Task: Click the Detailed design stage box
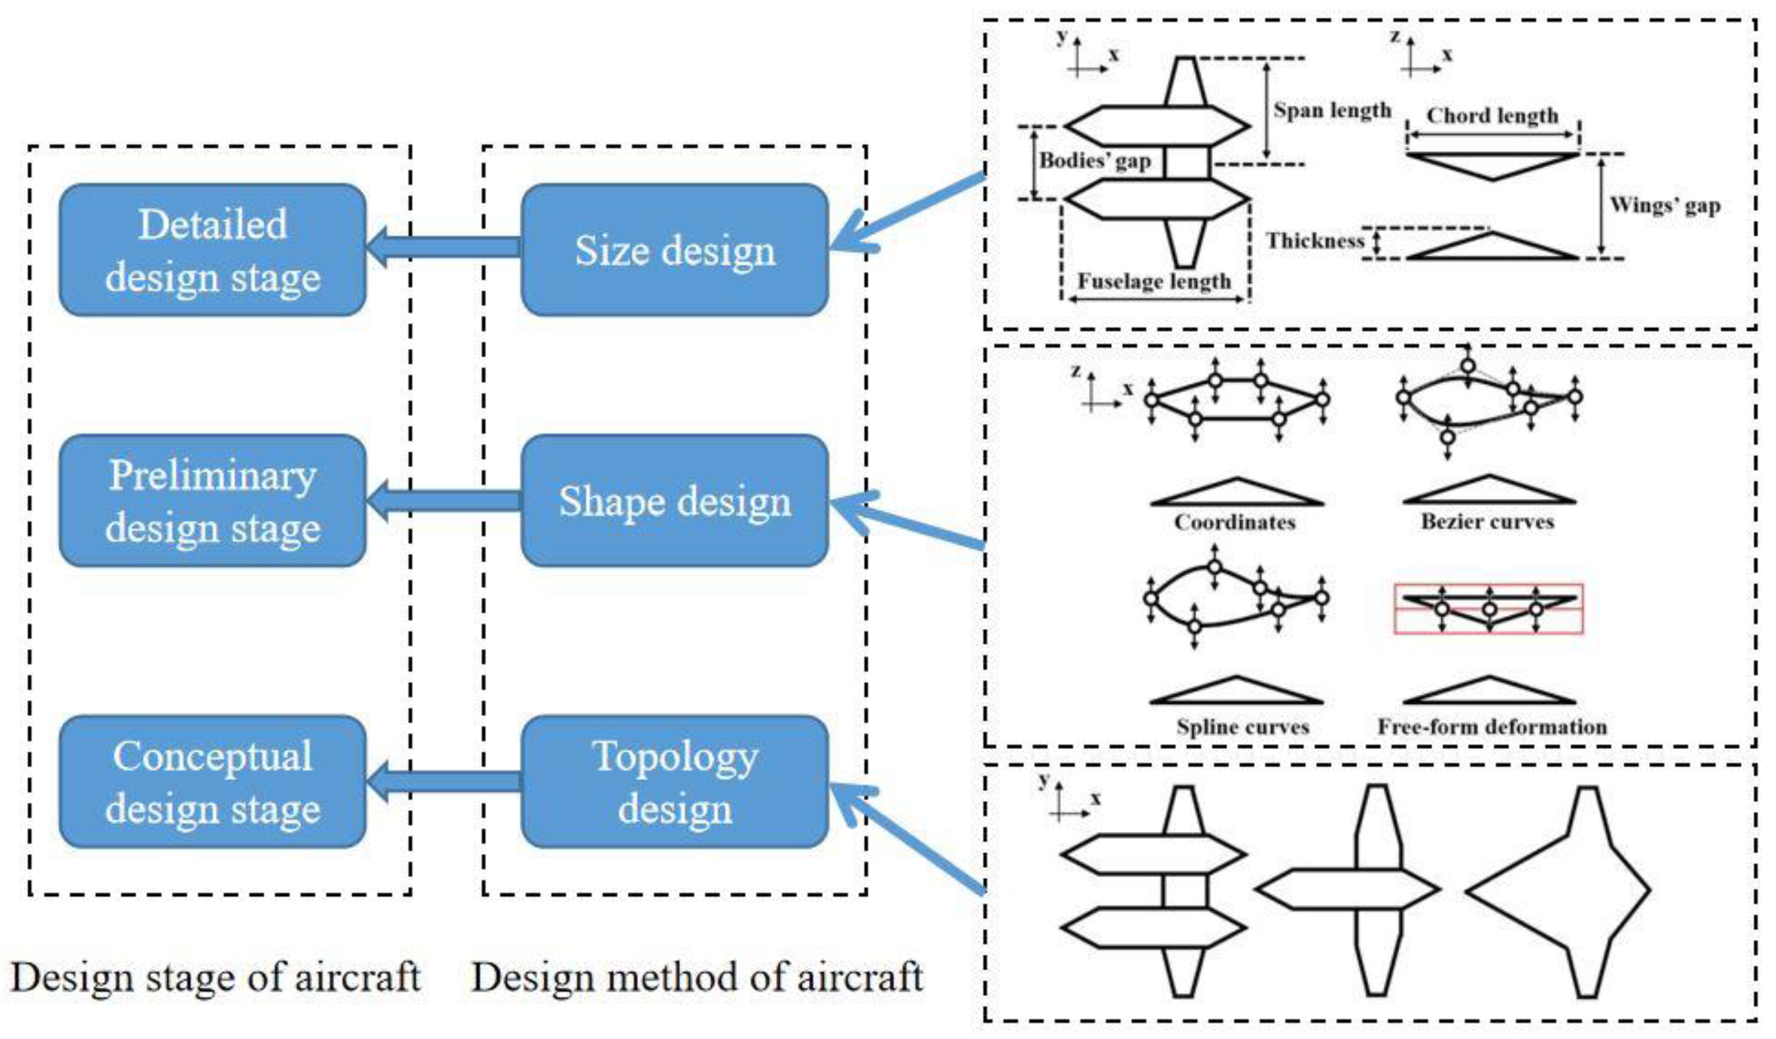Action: (212, 250)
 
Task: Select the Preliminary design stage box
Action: (212, 501)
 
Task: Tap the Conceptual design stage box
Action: (212, 782)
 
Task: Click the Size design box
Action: (674, 250)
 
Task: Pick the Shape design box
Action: (674, 501)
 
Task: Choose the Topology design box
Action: (674, 782)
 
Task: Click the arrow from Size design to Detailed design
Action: (444, 246)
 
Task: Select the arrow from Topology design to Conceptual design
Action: (444, 781)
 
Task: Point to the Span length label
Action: (1332, 111)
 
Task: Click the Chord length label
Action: (1492, 116)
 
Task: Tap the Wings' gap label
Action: (1665, 205)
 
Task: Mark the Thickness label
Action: (1315, 241)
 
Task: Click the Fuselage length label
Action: (1154, 281)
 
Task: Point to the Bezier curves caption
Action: (1487, 521)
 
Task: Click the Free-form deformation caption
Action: (1492, 727)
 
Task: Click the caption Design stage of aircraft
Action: (215, 977)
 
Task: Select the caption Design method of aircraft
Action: (697, 977)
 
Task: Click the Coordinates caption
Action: (1234, 522)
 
